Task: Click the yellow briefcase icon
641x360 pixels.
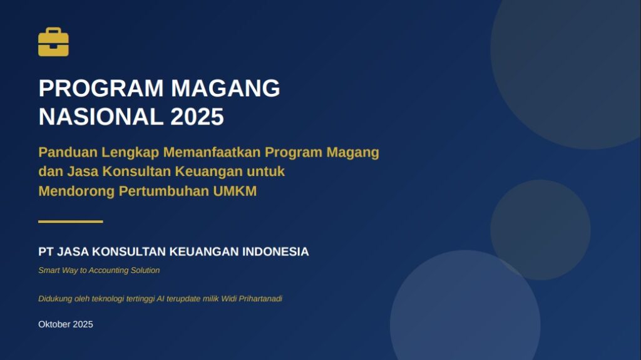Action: point(53,43)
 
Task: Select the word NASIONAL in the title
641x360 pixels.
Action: point(100,117)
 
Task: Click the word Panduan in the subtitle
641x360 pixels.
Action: point(64,152)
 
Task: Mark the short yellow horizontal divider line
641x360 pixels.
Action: point(70,222)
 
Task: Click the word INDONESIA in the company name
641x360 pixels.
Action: point(275,252)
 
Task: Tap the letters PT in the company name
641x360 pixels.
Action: point(46,252)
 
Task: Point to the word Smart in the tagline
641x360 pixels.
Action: point(49,270)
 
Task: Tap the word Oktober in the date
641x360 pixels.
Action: point(54,324)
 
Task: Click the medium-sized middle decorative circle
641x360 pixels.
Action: point(540,229)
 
